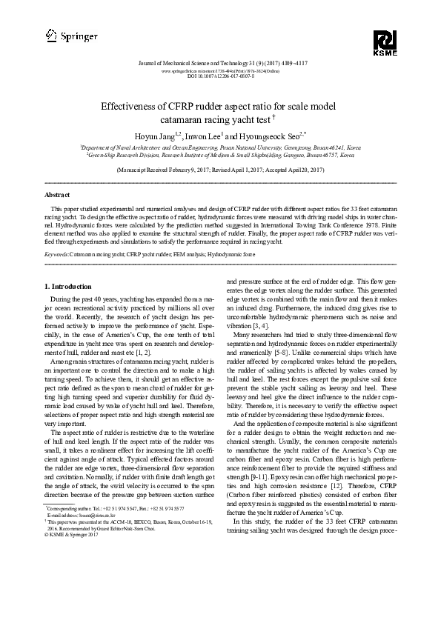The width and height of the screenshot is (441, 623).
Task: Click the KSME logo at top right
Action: (385, 42)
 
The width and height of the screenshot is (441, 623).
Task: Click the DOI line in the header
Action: (220, 76)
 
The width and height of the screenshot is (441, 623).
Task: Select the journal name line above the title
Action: (220, 64)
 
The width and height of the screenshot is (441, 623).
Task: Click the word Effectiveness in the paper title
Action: (131, 106)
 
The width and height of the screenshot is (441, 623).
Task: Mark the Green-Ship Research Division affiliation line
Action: (220, 156)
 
